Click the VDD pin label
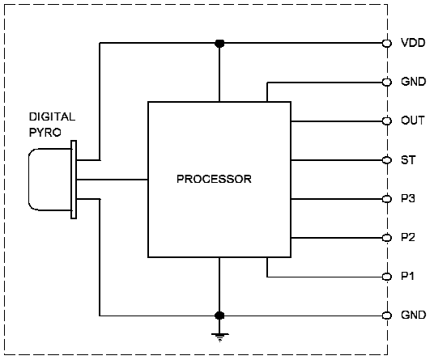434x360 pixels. (413, 43)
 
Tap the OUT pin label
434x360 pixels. (412, 121)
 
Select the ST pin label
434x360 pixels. (408, 160)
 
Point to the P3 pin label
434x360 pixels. (408, 198)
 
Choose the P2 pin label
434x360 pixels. (408, 237)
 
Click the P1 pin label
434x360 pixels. (407, 276)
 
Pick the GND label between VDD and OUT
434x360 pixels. (413, 82)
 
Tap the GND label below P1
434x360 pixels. (413, 315)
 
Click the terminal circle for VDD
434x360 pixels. (387, 43)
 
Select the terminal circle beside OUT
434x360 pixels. (387, 121)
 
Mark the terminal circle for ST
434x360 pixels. (387, 160)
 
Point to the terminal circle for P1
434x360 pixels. (387, 277)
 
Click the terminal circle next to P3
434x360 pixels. (387, 199)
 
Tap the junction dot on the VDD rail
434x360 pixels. (219, 43)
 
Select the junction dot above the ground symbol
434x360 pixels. (219, 316)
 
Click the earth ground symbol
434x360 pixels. (219, 337)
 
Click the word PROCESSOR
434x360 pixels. (214, 179)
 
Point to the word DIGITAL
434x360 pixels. (52, 116)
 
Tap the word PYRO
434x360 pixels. (45, 133)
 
